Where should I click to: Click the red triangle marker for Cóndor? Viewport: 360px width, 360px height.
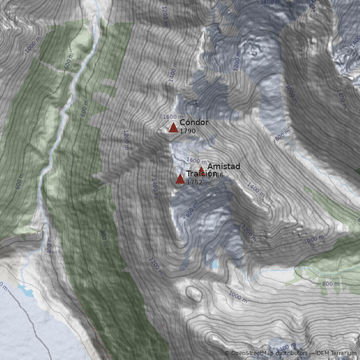point(173,127)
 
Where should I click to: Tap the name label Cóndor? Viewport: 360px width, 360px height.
point(194,122)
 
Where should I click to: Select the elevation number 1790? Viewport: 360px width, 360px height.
point(187,131)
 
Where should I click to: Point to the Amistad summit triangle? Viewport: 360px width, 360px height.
point(201,170)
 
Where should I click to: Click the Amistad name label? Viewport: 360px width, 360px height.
point(224,166)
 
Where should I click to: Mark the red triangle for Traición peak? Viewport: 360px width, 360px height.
point(180,179)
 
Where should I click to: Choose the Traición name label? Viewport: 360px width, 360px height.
point(201,174)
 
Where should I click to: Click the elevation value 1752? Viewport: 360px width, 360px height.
point(194,182)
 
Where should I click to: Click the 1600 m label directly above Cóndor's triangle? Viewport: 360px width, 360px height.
point(173,117)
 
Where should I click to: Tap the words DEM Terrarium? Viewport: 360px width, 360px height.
point(336,353)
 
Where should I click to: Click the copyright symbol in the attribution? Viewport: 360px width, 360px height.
point(227,353)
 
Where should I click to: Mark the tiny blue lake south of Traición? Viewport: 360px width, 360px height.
point(215,264)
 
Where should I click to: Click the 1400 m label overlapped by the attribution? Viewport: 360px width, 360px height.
point(286,348)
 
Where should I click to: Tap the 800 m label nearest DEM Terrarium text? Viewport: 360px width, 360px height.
point(331,284)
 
